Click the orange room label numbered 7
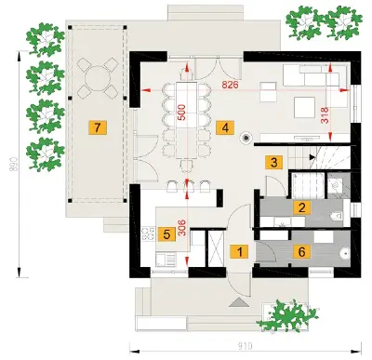[x=98, y=127]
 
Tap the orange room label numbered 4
[x=225, y=127]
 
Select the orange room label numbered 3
[x=273, y=162]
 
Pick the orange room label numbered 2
[x=301, y=207]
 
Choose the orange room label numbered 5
[x=166, y=234]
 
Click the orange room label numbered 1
[x=239, y=252]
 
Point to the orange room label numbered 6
[x=301, y=252]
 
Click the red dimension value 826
[x=230, y=85]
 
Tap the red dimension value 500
[x=181, y=113]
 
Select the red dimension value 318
[x=325, y=115]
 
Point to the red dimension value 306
[x=182, y=228]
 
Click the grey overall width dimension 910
[x=245, y=345]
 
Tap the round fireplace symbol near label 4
[x=246, y=138]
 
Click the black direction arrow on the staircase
[x=312, y=157]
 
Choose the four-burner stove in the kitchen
[x=148, y=233]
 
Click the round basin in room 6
[x=344, y=254]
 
